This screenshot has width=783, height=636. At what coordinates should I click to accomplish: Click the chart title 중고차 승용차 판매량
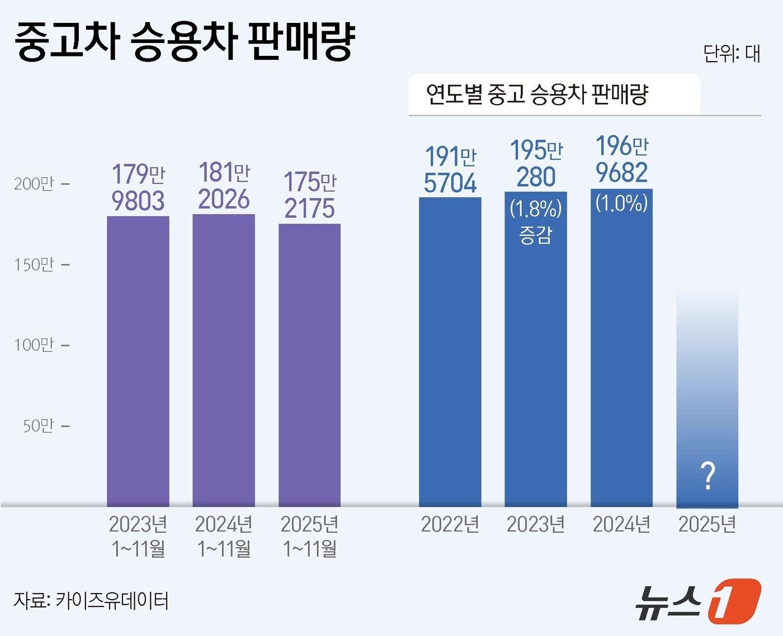tap(185, 41)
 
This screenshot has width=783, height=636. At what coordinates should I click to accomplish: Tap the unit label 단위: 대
tap(731, 54)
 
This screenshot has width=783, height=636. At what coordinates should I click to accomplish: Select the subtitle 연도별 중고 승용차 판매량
tap(537, 94)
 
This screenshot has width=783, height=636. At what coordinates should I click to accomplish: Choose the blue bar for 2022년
tap(450, 352)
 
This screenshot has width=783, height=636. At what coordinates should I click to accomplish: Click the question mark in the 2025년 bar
tap(707, 476)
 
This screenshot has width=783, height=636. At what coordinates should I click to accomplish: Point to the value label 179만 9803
tap(138, 188)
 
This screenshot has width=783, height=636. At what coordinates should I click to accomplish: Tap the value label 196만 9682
tap(621, 160)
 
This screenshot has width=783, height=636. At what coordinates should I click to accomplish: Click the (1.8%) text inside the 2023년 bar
tap(536, 209)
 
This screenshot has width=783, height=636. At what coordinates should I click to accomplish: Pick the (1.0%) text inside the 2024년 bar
tap(621, 202)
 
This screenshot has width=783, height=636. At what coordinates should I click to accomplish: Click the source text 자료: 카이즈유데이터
tap(91, 601)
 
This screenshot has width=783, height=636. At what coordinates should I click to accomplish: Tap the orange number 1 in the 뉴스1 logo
tap(734, 601)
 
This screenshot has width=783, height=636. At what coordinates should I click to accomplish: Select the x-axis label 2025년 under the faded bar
tap(707, 524)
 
